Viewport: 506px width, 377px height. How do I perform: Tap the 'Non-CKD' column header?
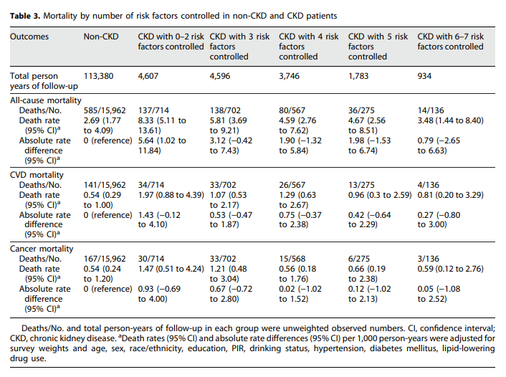(x=101, y=37)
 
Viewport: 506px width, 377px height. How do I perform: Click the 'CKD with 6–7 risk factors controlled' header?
(x=452, y=42)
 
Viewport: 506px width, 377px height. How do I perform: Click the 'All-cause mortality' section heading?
(x=46, y=100)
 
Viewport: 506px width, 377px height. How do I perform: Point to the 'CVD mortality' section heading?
(x=37, y=174)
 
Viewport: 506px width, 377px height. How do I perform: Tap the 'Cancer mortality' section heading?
(x=42, y=248)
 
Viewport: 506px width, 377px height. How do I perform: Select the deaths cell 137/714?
(x=154, y=110)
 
